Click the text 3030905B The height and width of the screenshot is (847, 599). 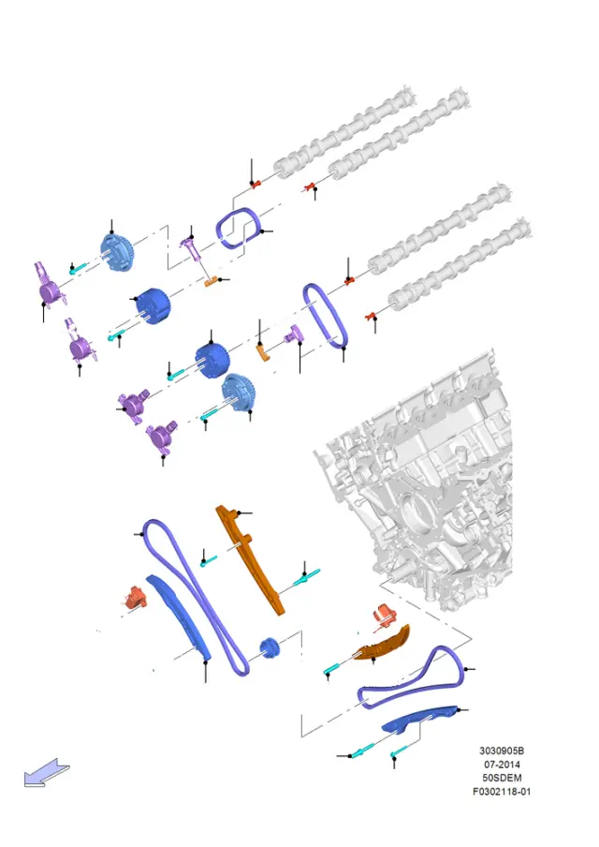click(x=502, y=750)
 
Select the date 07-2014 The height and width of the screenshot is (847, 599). click(x=502, y=765)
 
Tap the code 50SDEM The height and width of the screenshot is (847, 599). click(x=502, y=778)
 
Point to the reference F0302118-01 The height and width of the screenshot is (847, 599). click(x=502, y=792)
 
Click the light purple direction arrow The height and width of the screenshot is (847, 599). click(x=47, y=773)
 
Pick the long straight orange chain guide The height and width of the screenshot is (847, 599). click(x=249, y=559)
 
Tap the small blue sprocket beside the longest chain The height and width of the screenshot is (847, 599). click(x=269, y=647)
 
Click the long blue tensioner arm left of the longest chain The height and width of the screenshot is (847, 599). click(x=178, y=616)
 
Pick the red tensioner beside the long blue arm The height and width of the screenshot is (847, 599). click(x=135, y=597)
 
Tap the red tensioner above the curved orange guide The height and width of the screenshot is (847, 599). click(x=385, y=616)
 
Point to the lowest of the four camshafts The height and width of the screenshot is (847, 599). click(x=460, y=264)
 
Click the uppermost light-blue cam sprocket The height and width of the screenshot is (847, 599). click(x=117, y=253)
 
